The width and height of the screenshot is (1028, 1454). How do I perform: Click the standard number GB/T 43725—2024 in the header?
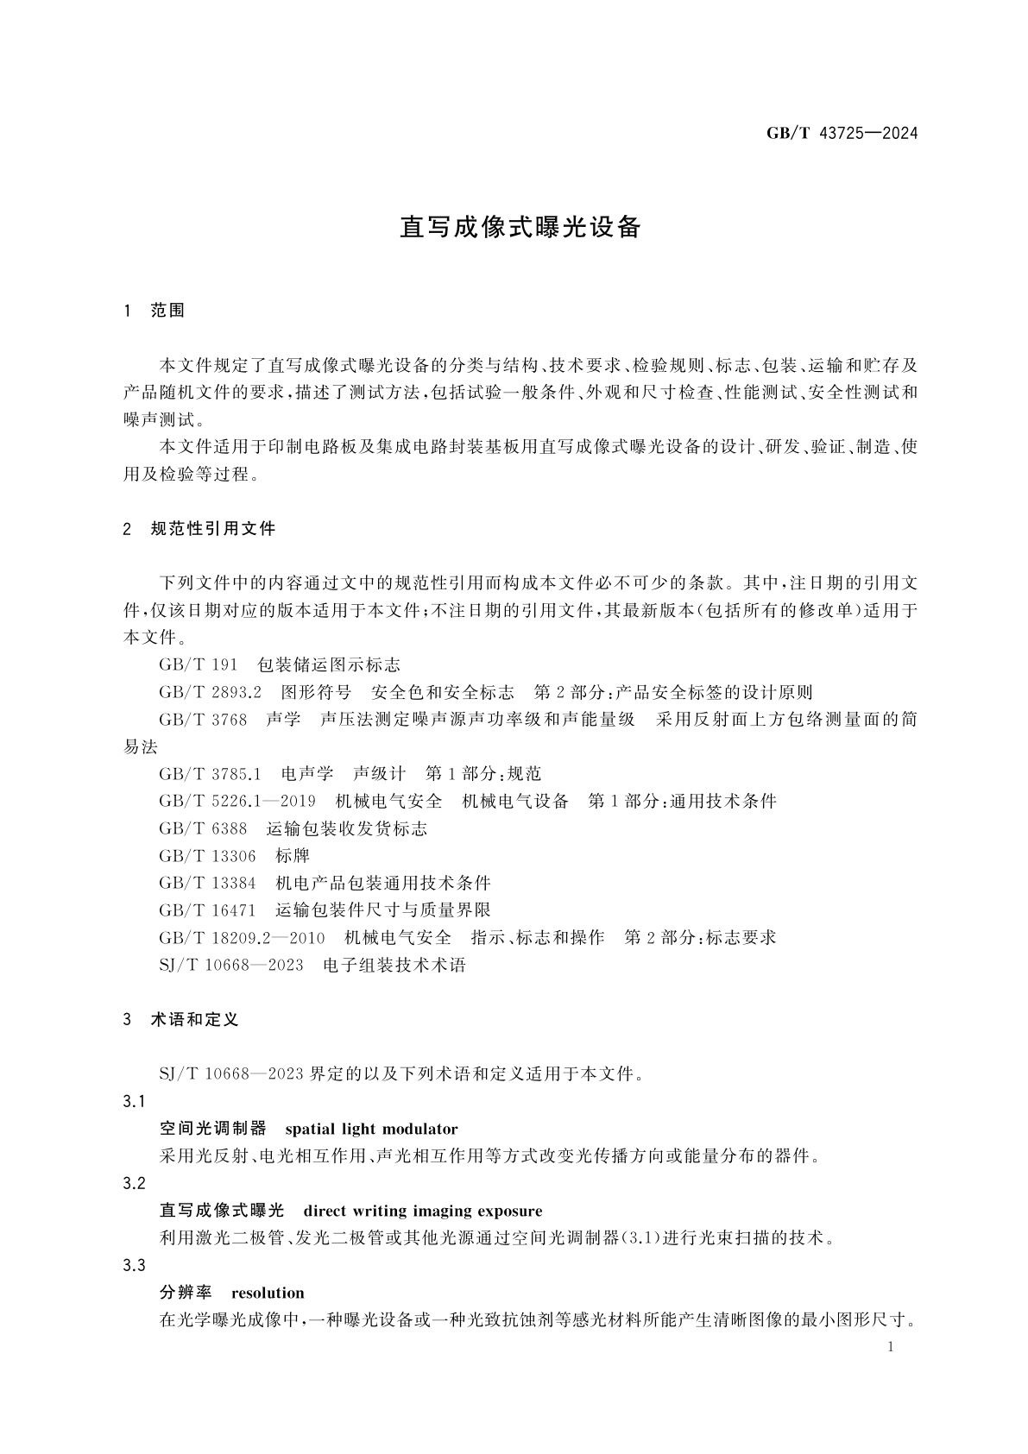tap(842, 133)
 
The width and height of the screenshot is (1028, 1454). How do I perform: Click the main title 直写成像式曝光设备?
tap(520, 227)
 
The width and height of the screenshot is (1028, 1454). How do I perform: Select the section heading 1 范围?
tap(155, 311)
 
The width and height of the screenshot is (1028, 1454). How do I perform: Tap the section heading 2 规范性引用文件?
tap(199, 529)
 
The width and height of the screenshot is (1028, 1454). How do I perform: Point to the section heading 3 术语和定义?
tap(181, 1020)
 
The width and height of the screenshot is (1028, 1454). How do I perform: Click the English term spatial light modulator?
tap(371, 1129)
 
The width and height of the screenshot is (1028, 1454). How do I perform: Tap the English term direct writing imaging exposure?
tap(423, 1211)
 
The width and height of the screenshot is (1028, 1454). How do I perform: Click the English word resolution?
tap(268, 1293)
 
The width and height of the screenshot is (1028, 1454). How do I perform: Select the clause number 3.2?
tap(134, 1183)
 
